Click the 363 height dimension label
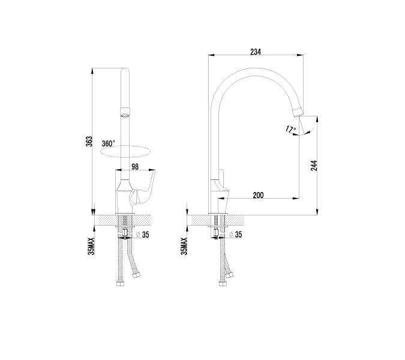click(x=89, y=142)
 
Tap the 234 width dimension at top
click(x=256, y=52)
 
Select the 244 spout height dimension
click(x=314, y=165)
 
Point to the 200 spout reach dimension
click(x=258, y=195)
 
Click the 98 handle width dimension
click(x=135, y=167)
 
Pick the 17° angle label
click(x=290, y=129)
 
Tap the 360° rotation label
click(x=108, y=143)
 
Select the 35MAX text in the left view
click(x=91, y=246)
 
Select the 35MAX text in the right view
click(x=184, y=246)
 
